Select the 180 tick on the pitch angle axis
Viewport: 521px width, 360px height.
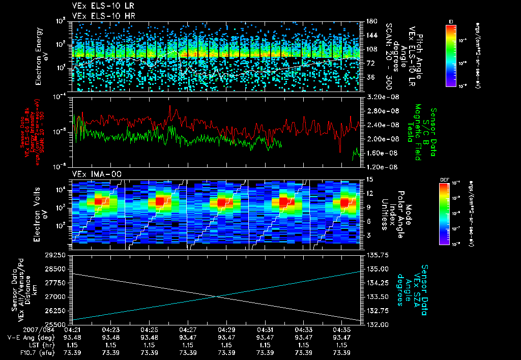tap(371, 21)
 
